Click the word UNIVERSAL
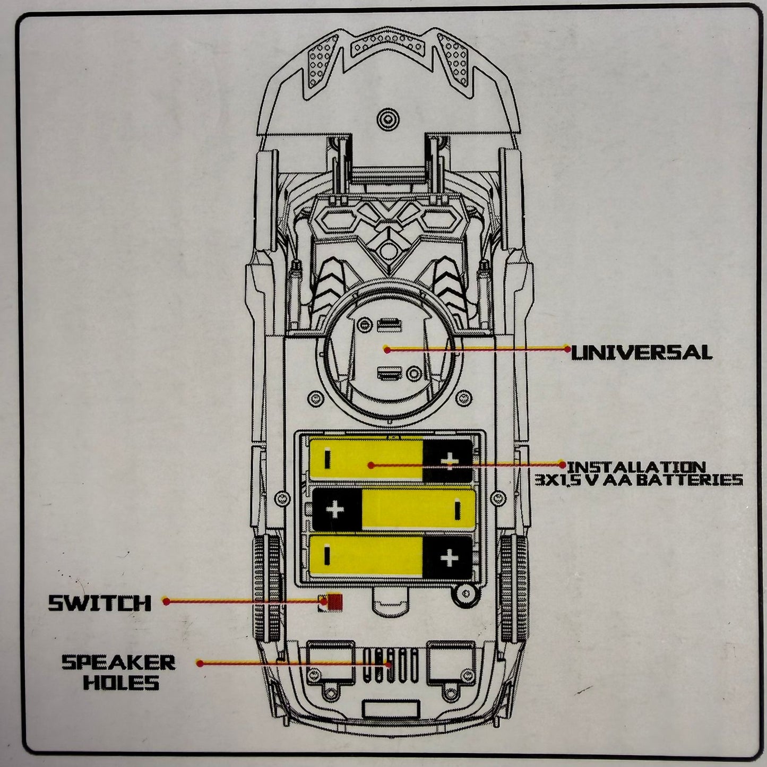[x=641, y=353]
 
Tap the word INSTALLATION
[x=636, y=467]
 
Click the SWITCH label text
[x=100, y=603]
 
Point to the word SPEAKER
[x=118, y=662]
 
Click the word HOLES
[x=121, y=683]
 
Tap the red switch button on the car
[x=334, y=602]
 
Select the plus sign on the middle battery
[x=335, y=510]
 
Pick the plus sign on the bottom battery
[x=449, y=558]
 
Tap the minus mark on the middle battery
[x=456, y=510]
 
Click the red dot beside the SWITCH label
[x=166, y=601]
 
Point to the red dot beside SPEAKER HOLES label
[x=200, y=663]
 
